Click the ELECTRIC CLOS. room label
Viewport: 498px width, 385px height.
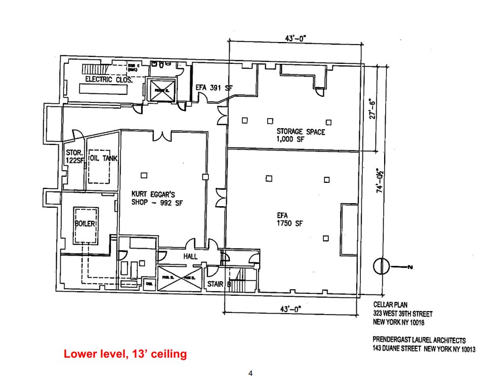tap(109, 80)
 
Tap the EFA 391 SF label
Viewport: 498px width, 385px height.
tap(214, 87)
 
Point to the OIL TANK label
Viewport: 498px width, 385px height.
tap(103, 159)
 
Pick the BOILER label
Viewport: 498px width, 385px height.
tap(86, 223)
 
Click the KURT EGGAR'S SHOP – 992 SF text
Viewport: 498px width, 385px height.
tap(156, 198)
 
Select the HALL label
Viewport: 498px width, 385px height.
tap(190, 257)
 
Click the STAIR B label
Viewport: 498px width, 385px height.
tap(219, 284)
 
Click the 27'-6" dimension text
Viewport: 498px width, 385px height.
tap(372, 108)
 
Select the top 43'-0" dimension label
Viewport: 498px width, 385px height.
tap(296, 38)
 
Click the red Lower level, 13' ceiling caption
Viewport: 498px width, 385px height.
tap(125, 354)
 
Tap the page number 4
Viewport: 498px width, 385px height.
tap(250, 374)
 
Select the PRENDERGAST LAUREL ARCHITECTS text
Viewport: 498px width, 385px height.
tap(419, 340)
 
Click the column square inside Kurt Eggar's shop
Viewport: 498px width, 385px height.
tap(144, 176)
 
